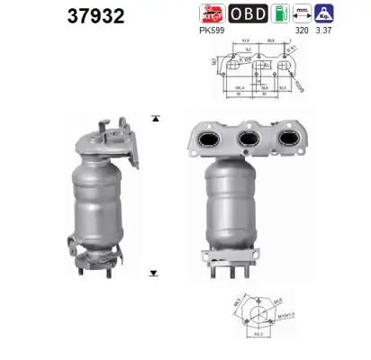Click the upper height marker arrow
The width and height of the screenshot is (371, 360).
[x=155, y=118]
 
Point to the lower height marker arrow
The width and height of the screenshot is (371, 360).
[x=155, y=270]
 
